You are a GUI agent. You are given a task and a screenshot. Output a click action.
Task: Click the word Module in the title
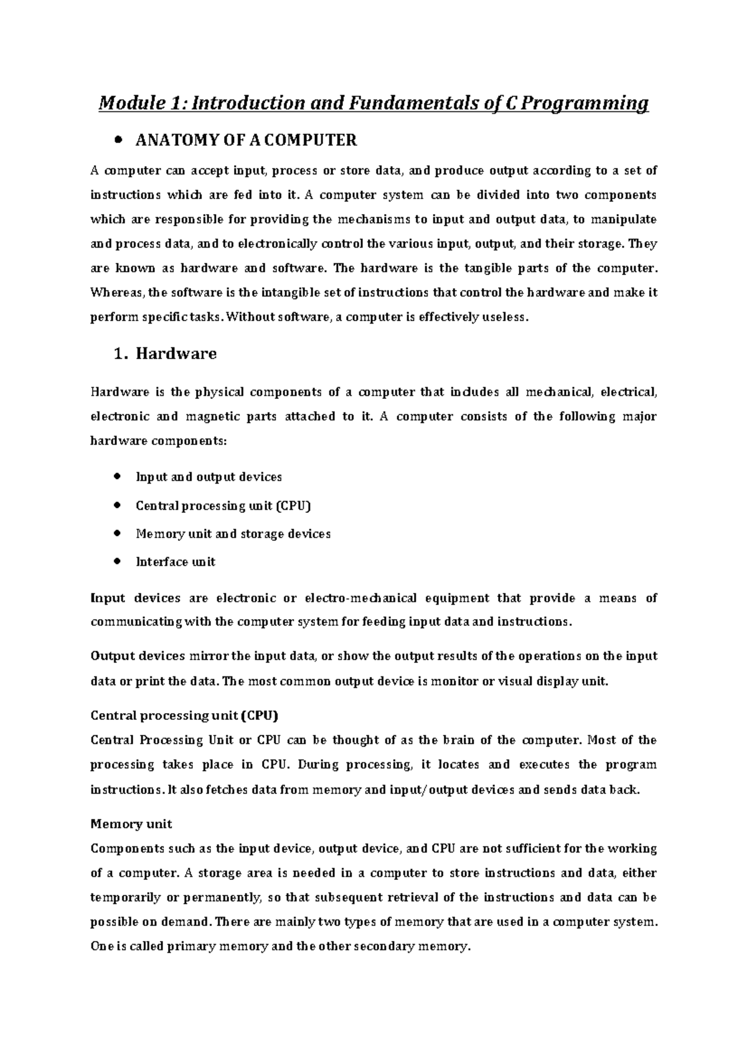coord(126,103)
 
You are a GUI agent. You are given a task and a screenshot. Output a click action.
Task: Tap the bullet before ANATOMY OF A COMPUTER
coord(117,141)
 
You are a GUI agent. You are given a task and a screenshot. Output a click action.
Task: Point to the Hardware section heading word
coord(176,354)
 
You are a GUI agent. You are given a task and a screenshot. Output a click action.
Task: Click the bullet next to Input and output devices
coord(117,477)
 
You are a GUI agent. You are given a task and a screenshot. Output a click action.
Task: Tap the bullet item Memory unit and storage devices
coord(233,534)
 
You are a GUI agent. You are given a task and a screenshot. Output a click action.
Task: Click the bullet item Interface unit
coord(175,562)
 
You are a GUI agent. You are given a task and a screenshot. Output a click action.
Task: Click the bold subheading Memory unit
coord(131,824)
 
